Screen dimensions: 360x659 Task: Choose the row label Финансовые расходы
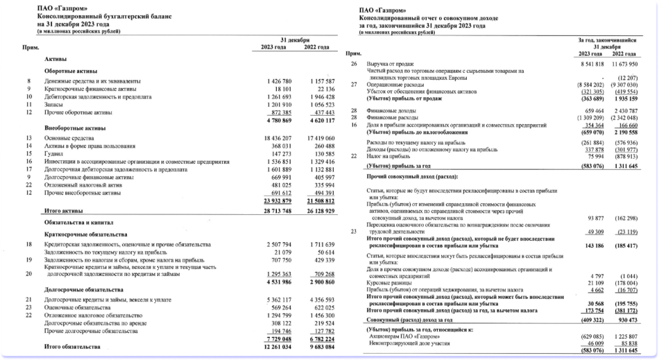393,118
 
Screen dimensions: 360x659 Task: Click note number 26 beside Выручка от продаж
354,63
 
